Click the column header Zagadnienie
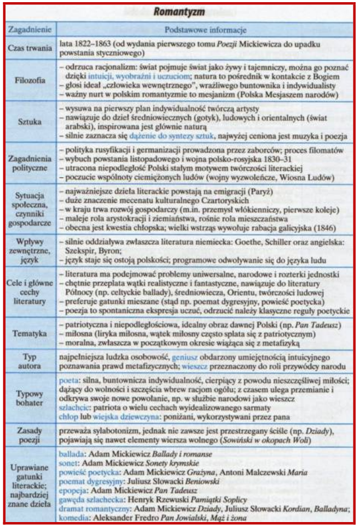[x=31, y=29]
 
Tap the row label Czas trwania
[x=31, y=48]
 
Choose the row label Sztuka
[x=31, y=123]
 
